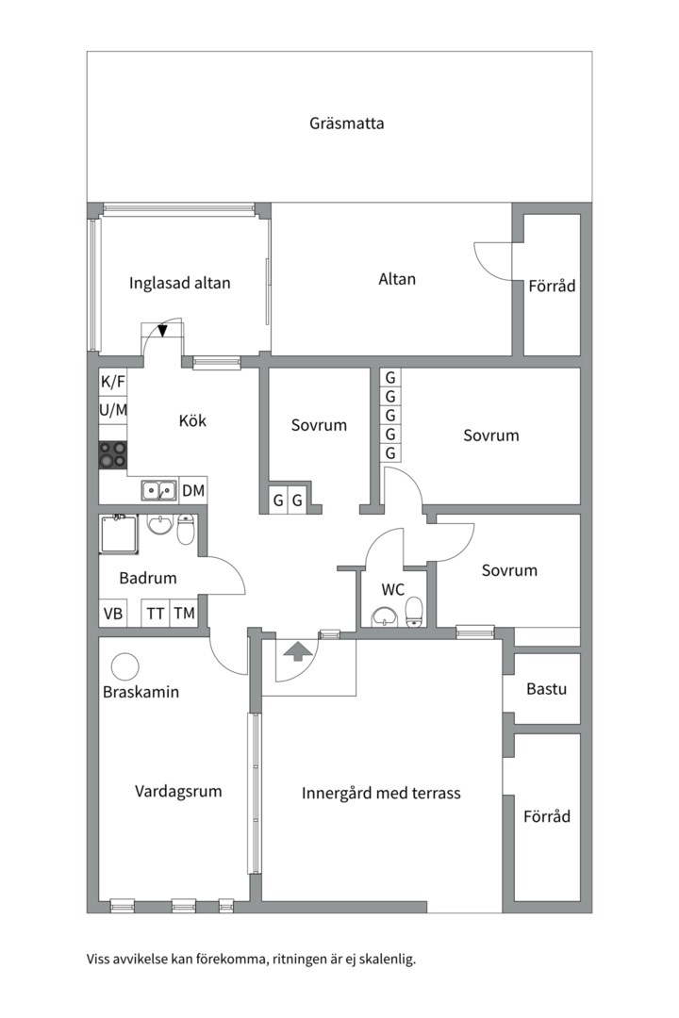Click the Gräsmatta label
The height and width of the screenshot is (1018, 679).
coord(346,123)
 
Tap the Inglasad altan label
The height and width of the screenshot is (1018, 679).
coord(179,283)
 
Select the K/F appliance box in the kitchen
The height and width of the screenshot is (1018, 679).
coord(113,382)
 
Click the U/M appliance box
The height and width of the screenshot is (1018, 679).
coord(113,410)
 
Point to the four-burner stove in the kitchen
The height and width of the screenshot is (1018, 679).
coord(113,455)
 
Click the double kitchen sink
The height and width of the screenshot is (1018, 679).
coord(158,490)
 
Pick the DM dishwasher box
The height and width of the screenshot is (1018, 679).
coord(193,490)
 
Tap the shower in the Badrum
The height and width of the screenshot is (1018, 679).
coord(119,534)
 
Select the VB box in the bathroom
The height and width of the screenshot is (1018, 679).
coord(113,614)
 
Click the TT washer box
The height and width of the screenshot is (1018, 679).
coord(156,614)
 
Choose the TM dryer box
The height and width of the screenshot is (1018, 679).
coord(185,614)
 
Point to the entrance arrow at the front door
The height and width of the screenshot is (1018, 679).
coord(297,650)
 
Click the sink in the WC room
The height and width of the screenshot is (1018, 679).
coord(384,617)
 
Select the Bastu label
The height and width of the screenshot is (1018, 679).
coord(546,689)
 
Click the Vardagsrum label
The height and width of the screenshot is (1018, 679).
coord(178,791)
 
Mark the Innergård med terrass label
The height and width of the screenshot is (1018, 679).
coord(381,793)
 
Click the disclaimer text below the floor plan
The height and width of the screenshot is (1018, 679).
coord(251,960)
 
